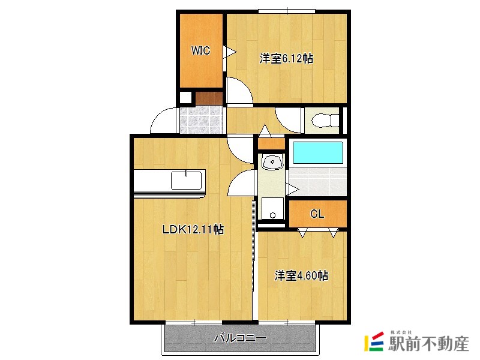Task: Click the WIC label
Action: pos(200,51)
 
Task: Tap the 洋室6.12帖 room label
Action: pos(286,58)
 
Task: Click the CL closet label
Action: pos(317,214)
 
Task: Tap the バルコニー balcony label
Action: pos(239,338)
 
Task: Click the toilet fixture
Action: pos(321,121)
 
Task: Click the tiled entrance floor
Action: pos(201,120)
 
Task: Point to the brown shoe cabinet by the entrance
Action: pos(209,98)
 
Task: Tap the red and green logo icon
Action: pos(374,341)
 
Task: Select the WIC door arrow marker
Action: pos(228,52)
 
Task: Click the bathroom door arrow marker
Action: pos(293,189)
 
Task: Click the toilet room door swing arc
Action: pos(286,119)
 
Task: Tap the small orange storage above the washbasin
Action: pos(271,144)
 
